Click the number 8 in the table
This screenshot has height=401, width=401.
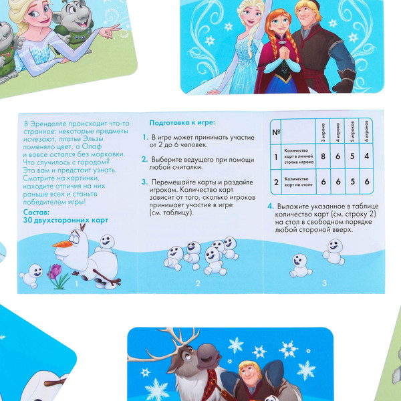pos(323,156)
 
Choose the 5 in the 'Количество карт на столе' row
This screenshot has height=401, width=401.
pos(352,180)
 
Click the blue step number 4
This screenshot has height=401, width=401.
pos(270,207)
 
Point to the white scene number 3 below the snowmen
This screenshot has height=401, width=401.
pos(323,283)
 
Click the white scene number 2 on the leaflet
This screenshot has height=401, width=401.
pos(198,283)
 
